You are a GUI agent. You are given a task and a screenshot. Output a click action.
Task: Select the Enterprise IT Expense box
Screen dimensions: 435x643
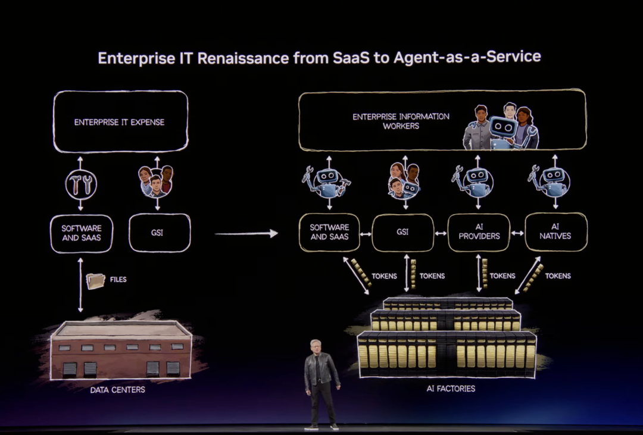pos(120,122)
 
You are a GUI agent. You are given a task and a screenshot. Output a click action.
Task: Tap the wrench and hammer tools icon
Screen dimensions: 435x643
pos(81,185)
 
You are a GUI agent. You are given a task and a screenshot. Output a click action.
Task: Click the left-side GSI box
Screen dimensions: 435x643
pos(157,233)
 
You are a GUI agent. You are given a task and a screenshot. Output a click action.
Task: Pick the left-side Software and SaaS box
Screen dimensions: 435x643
pos(81,233)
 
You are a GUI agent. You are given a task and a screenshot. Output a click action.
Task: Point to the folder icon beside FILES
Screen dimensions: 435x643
pos(95,280)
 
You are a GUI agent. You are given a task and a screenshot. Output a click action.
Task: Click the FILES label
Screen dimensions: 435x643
pos(118,279)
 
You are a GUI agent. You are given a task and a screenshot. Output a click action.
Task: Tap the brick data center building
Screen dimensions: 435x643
pos(120,351)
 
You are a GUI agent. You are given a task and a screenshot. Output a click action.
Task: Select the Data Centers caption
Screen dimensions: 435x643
pos(117,390)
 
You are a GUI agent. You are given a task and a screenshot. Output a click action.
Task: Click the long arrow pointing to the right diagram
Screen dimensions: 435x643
pos(246,233)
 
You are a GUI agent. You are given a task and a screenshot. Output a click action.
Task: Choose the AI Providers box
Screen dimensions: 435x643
pos(479,232)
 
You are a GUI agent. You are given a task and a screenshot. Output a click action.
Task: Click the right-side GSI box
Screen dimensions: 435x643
pos(403,232)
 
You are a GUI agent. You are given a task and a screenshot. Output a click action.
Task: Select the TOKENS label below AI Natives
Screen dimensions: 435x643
pos(558,276)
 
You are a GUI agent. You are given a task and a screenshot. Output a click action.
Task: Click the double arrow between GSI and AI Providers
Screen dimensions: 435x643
pos(441,233)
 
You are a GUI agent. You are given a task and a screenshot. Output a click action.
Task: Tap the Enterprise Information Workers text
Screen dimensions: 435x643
pos(401,121)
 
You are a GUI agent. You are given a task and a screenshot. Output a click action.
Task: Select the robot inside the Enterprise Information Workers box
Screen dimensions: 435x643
pos(502,130)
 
